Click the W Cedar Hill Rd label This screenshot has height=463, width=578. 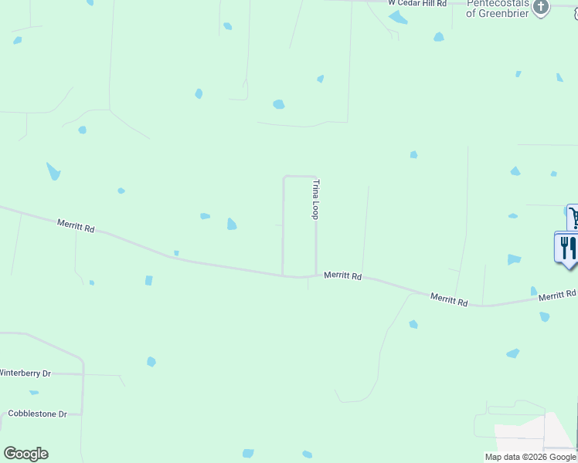pos(417,4)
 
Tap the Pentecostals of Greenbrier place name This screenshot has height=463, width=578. pos(498,8)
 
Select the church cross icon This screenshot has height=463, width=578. pos(541,8)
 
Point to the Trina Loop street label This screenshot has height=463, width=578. pos(315,199)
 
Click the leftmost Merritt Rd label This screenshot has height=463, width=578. pos(76,225)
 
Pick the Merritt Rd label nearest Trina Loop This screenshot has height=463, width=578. pos(343,275)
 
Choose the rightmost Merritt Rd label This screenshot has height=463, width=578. pos(557,296)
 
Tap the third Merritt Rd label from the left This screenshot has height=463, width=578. pos(450,299)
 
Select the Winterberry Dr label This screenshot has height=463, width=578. pos(25,373)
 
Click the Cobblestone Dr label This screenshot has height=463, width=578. pos(37,414)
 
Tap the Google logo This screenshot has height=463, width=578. pos(25,454)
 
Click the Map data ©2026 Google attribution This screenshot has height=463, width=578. pos(530,457)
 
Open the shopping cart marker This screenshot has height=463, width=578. pos(573,216)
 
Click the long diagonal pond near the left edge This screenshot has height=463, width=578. pos(53,171)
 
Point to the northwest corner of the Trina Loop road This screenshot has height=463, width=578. pos(284,177)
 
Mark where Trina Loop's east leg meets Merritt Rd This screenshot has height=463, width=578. pos(316,275)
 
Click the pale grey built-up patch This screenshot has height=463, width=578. pos(525,435)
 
